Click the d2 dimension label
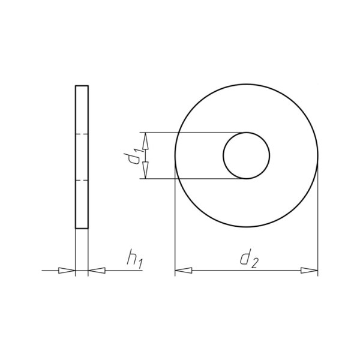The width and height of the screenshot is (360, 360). click(249, 259)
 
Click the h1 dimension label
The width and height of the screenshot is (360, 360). click(135, 259)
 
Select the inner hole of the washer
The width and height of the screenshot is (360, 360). click(247, 133)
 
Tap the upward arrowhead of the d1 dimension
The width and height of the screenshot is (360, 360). click(145, 142)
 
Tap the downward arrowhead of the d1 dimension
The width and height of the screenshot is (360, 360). click(145, 170)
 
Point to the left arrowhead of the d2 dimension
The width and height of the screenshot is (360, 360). click(184, 271)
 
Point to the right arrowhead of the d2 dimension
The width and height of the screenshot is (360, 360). click(309, 271)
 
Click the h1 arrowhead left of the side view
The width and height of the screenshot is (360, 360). click(67, 271)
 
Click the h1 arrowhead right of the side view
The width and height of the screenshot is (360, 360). click(97, 271)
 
